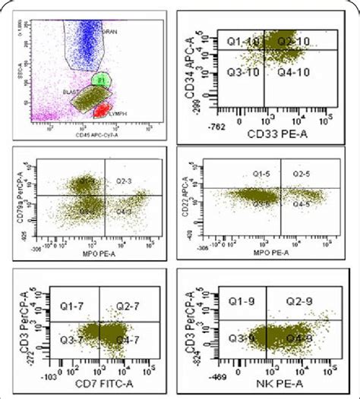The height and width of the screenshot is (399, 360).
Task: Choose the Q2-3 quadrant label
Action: click(124, 181)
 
